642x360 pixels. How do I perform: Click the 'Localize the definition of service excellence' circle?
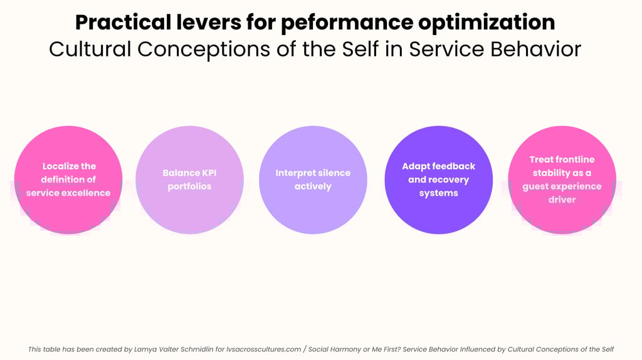click(68, 180)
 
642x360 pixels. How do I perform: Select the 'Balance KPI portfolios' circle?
click(189, 180)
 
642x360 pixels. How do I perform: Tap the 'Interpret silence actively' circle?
click(313, 180)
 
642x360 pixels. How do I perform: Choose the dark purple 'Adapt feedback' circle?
click(438, 180)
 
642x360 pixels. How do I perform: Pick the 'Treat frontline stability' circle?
click(562, 180)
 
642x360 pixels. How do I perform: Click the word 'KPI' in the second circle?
click(208, 173)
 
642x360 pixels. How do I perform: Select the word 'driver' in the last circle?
click(562, 200)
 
